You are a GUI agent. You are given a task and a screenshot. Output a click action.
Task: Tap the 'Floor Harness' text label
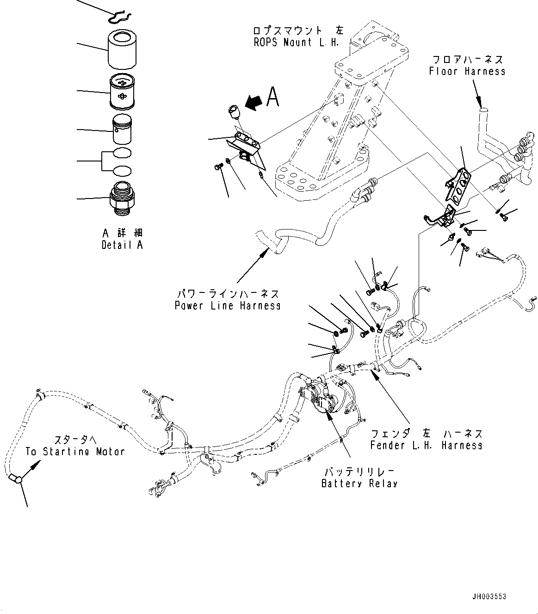[x=467, y=71]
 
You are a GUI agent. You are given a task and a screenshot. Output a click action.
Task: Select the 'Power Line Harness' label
[x=227, y=306]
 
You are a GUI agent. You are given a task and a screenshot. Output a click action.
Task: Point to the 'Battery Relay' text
[x=359, y=484]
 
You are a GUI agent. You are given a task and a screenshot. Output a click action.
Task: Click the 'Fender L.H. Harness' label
[x=426, y=445]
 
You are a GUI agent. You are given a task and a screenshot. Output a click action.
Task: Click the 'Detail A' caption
[x=122, y=245]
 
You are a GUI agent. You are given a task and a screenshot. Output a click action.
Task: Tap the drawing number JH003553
[x=489, y=596]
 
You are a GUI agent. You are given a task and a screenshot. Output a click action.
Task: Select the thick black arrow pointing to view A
[x=253, y=102]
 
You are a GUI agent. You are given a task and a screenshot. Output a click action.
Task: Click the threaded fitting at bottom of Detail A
[x=123, y=198]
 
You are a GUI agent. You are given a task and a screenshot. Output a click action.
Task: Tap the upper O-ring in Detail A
[x=122, y=153]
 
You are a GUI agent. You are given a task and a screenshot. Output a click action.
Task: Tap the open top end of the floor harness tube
[x=483, y=110]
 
